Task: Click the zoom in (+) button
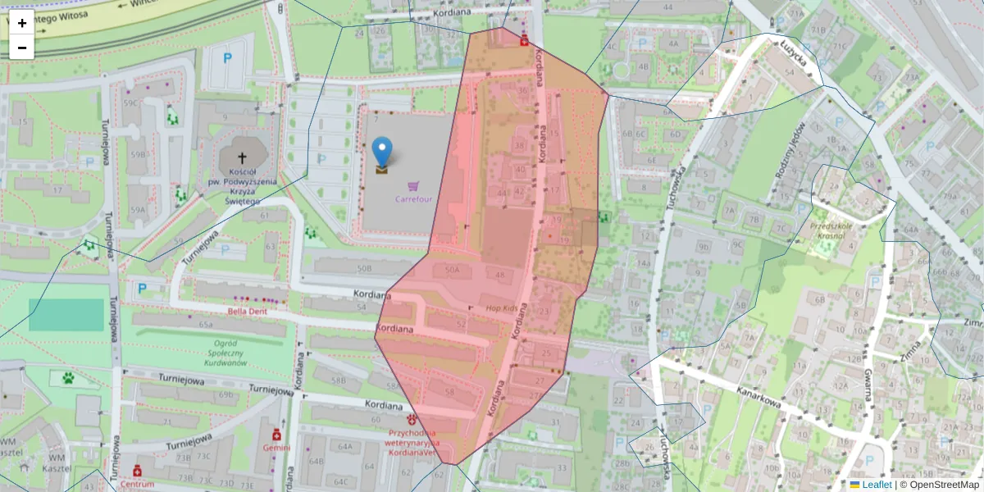click(x=22, y=23)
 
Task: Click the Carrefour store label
click(x=413, y=198)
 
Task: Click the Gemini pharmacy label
click(x=276, y=448)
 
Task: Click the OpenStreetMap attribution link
click(x=938, y=485)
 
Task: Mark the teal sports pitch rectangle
click(x=66, y=315)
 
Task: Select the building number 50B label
click(x=364, y=268)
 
